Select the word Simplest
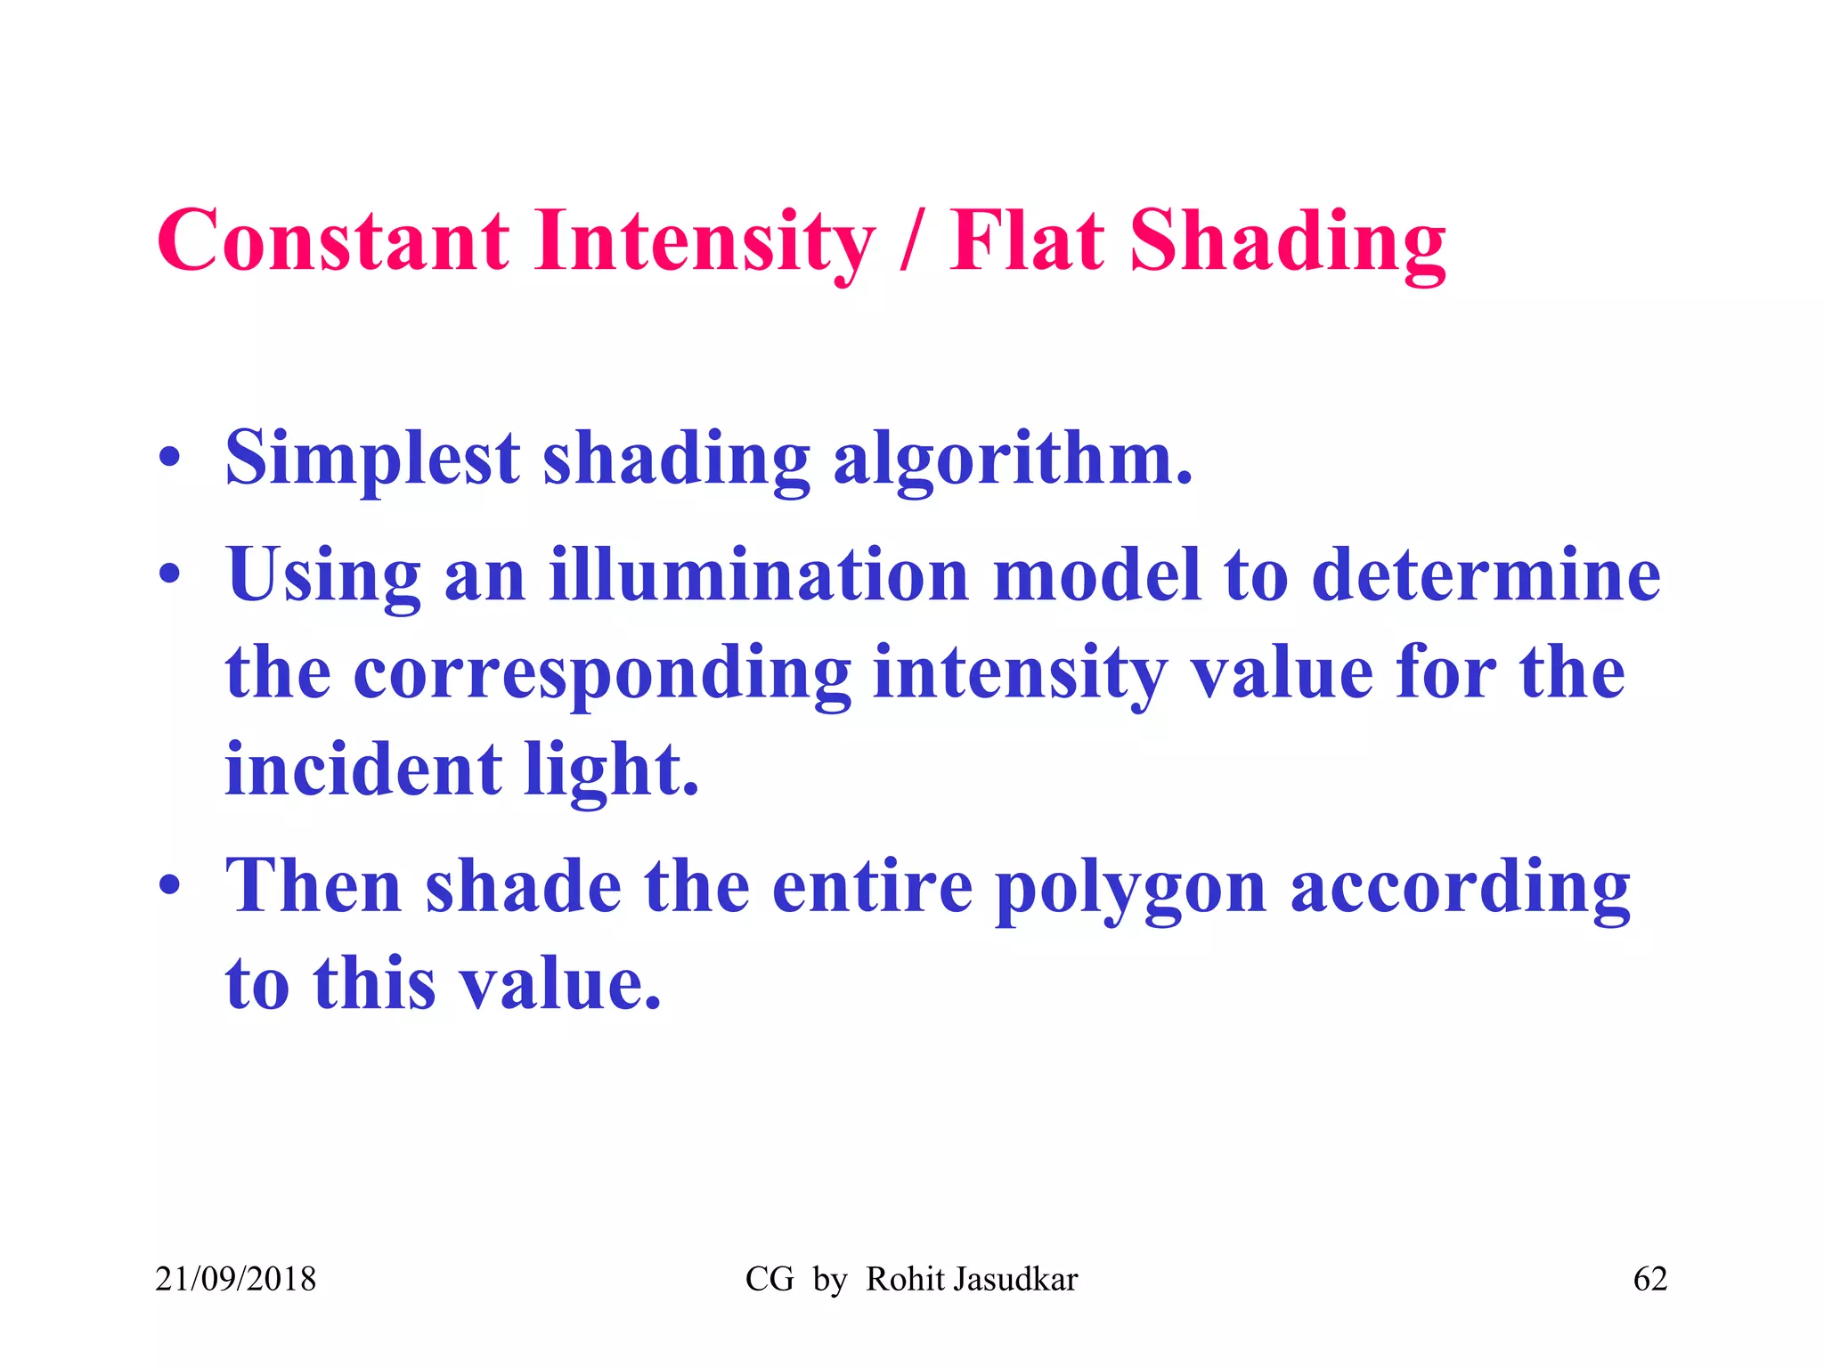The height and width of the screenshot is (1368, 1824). point(372,460)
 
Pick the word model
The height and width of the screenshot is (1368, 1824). point(1096,575)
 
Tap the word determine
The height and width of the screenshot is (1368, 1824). point(1486,575)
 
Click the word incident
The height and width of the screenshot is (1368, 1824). point(363,769)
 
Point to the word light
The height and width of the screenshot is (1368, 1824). point(611,769)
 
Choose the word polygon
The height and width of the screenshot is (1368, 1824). point(1130,889)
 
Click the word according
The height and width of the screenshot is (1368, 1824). point(1461,889)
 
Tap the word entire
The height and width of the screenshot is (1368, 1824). point(872,889)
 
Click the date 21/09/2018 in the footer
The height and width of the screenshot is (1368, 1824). point(236,1280)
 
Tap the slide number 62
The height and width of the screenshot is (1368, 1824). point(1649,1280)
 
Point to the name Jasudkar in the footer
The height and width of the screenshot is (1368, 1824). point(1015,1280)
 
